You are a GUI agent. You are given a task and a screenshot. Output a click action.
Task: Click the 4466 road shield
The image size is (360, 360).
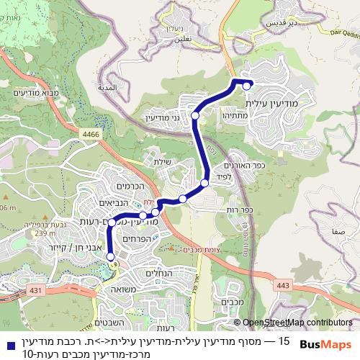click(x=90, y=134)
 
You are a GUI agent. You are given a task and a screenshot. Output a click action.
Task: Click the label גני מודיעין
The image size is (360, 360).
click(x=166, y=117)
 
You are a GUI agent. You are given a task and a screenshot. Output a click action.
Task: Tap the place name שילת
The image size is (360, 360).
click(x=163, y=162)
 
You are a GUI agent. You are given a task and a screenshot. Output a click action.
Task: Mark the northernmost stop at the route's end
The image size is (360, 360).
click(x=247, y=86)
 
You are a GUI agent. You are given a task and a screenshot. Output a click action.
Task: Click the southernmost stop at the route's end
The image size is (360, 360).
click(x=110, y=256)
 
